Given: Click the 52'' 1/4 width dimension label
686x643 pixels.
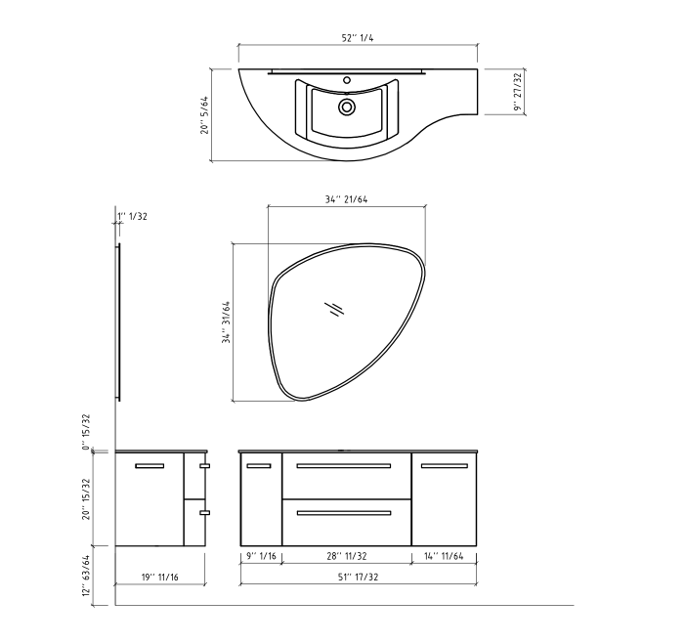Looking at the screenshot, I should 358,37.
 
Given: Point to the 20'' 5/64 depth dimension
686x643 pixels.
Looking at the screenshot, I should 204,114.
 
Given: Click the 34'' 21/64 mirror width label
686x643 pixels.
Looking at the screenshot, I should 347,199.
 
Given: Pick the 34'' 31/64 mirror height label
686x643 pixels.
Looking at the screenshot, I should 227,322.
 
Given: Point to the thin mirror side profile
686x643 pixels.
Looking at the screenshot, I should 119,322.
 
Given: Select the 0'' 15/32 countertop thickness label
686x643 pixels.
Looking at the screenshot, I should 87,431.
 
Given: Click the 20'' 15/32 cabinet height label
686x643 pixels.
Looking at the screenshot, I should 87,498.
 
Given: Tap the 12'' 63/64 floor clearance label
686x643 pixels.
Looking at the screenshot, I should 87,579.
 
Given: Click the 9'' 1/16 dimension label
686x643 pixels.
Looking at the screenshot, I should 261,556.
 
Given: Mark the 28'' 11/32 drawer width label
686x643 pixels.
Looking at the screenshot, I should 347,556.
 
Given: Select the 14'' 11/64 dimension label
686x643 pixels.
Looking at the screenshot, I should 445,556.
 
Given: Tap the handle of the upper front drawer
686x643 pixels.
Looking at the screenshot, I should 347,467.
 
